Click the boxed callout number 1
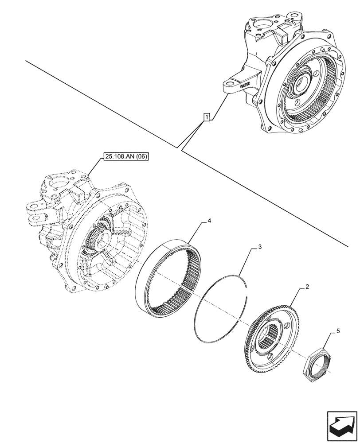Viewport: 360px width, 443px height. coord(207,117)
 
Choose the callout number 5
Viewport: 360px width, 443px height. coord(338,330)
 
